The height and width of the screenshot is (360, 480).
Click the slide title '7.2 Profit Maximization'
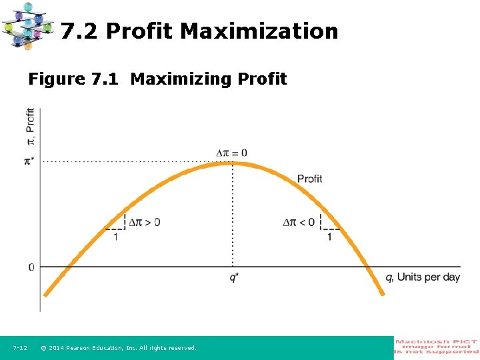[x=199, y=31]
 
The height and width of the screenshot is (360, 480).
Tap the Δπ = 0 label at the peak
[x=232, y=153]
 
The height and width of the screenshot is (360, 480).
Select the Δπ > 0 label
[x=144, y=222]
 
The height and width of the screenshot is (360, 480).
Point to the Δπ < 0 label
[x=299, y=222]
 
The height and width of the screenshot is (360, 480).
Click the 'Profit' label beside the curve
[x=309, y=179]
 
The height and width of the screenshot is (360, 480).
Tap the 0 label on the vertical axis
[x=31, y=267]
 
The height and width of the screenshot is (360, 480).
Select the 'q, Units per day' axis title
[x=423, y=277]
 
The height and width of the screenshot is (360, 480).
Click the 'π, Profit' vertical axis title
[x=30, y=129]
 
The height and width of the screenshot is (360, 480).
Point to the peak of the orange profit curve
[x=232, y=163]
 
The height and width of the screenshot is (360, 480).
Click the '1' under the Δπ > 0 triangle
[x=115, y=237]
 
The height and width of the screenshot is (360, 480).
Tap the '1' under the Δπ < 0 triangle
[x=329, y=237]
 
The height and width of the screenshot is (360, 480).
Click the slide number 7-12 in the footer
[x=20, y=348]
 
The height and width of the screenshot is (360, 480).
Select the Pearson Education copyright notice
[x=119, y=348]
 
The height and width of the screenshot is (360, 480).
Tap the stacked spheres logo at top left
[x=27, y=25]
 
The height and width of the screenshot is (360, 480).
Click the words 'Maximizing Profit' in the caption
[x=209, y=79]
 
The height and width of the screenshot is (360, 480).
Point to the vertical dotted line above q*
[x=232, y=213]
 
